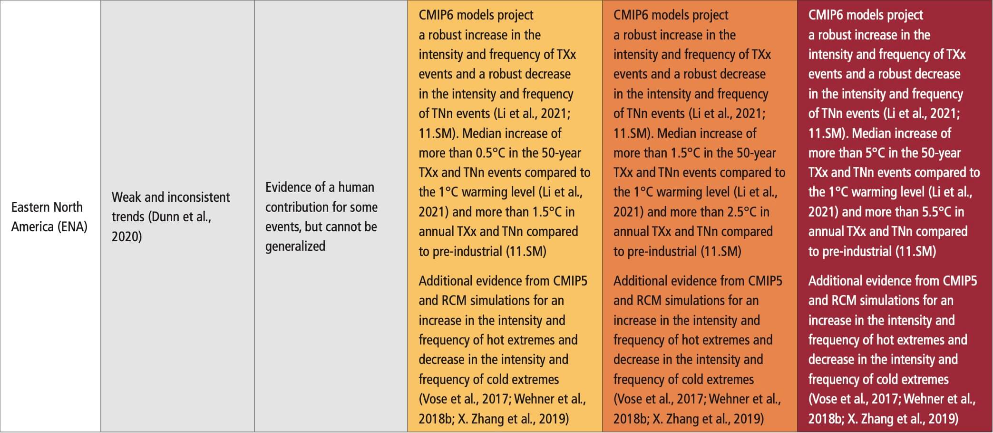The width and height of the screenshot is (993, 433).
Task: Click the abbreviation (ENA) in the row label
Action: coord(72,227)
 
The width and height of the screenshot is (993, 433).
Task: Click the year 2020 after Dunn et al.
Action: coord(127,236)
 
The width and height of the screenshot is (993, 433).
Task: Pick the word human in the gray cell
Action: coord(356,187)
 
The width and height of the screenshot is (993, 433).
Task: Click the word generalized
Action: coord(295,246)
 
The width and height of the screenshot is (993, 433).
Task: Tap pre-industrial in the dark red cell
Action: coord(857,251)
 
